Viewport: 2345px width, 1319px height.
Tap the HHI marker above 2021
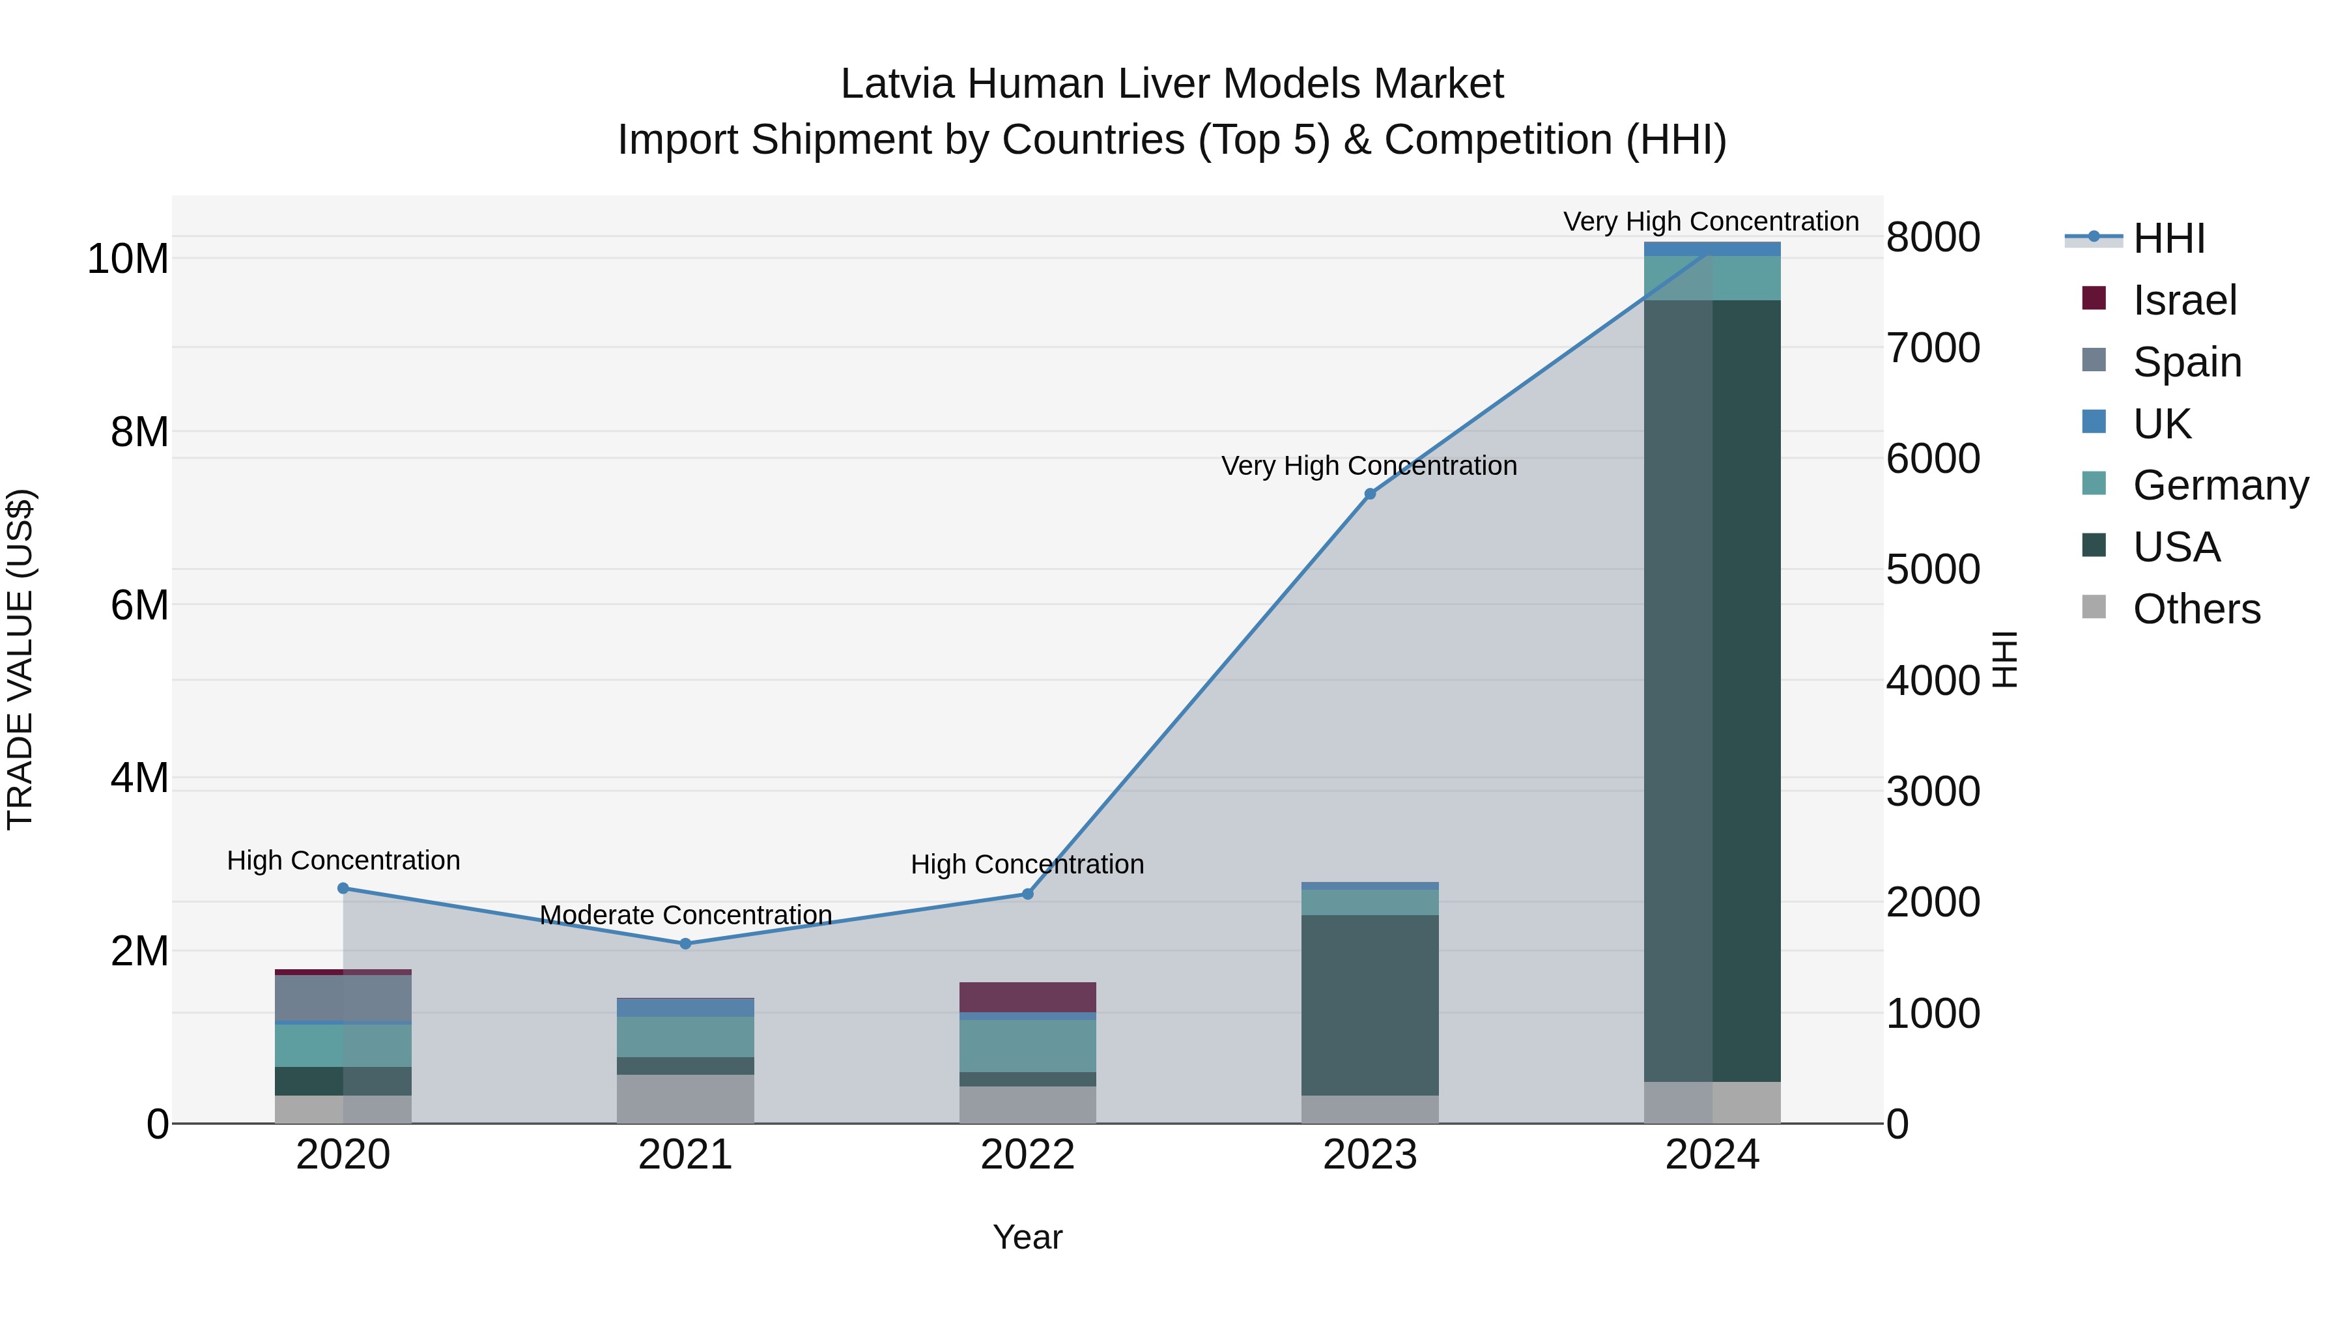pyautogui.click(x=685, y=944)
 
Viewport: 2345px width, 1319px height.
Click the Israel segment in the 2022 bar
pyautogui.click(x=1028, y=997)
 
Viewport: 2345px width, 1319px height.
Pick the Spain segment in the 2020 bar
pyautogui.click(x=343, y=998)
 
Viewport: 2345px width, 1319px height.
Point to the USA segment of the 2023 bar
pyautogui.click(x=1369, y=1005)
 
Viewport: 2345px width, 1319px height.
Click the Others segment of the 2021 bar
pyautogui.click(x=685, y=1099)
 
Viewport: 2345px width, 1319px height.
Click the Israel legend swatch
pyautogui.click(x=2094, y=298)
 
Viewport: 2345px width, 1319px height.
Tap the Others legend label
pyautogui.click(x=2196, y=609)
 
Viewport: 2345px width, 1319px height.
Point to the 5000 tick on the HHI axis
pyautogui.click(x=1932, y=570)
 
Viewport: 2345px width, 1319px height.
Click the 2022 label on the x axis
pyautogui.click(x=1028, y=1155)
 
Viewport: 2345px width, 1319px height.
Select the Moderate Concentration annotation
pyautogui.click(x=685, y=915)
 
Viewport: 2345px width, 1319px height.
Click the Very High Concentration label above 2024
pyautogui.click(x=1711, y=222)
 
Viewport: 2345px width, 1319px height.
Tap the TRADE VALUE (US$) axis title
pyautogui.click(x=20, y=659)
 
